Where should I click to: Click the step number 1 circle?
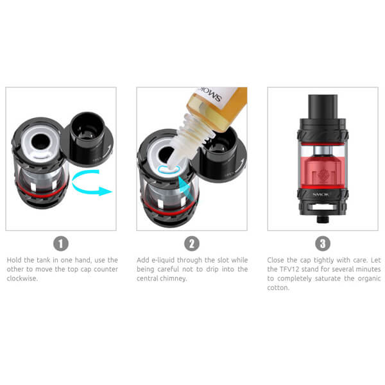point(61,244)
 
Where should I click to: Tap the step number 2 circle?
point(192,244)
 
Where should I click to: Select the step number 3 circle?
point(323,244)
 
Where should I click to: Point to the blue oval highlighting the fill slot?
point(169,169)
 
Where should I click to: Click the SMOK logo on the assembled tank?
point(321,194)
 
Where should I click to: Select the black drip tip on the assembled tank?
point(323,107)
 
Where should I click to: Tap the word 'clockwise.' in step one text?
point(22,278)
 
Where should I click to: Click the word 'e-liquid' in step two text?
point(162,260)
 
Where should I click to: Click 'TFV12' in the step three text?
point(289,269)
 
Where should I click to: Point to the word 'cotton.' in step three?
point(278,287)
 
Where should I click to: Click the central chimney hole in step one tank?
point(41,142)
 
